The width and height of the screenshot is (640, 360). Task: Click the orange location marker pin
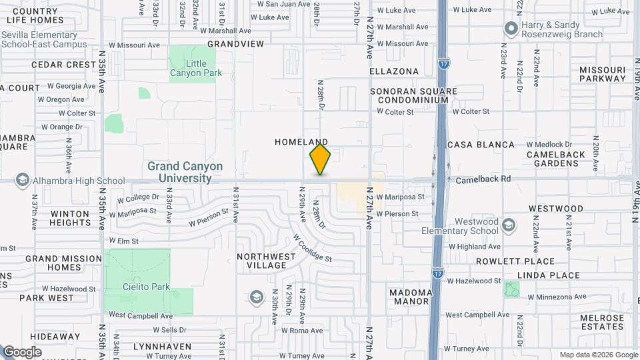320,159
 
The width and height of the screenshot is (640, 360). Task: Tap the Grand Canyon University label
185,172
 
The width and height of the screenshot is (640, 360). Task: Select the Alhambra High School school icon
23,180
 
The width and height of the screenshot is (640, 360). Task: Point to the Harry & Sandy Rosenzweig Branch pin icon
511,29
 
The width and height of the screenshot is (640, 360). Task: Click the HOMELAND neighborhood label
301,142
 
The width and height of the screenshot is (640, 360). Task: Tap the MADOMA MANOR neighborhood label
411,297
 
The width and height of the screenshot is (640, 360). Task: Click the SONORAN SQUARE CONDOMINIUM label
413,95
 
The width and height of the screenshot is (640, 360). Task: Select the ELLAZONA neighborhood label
394,71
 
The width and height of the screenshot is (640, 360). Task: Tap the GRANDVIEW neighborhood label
235,43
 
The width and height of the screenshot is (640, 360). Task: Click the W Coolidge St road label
311,248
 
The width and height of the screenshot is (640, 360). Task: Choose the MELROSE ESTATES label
602,322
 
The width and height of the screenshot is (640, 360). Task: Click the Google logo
23,352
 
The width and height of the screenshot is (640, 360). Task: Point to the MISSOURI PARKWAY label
603,74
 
